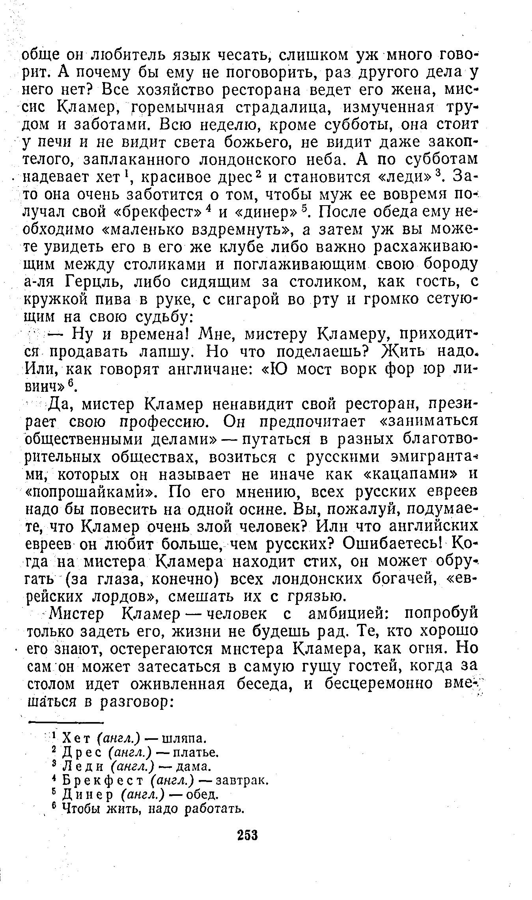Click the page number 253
(x=247, y=836)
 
